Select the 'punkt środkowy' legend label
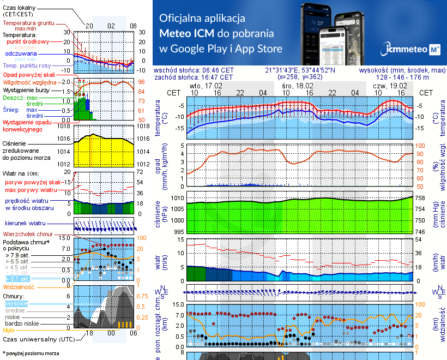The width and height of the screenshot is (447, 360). (28, 41)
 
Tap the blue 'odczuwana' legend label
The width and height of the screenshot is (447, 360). (21, 54)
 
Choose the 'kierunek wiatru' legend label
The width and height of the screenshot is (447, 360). (25, 224)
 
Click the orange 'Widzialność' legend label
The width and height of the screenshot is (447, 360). (19, 286)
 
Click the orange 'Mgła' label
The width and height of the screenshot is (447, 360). (9, 330)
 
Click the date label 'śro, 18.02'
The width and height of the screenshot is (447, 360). (298, 86)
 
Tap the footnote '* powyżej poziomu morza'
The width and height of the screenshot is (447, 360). (31, 353)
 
